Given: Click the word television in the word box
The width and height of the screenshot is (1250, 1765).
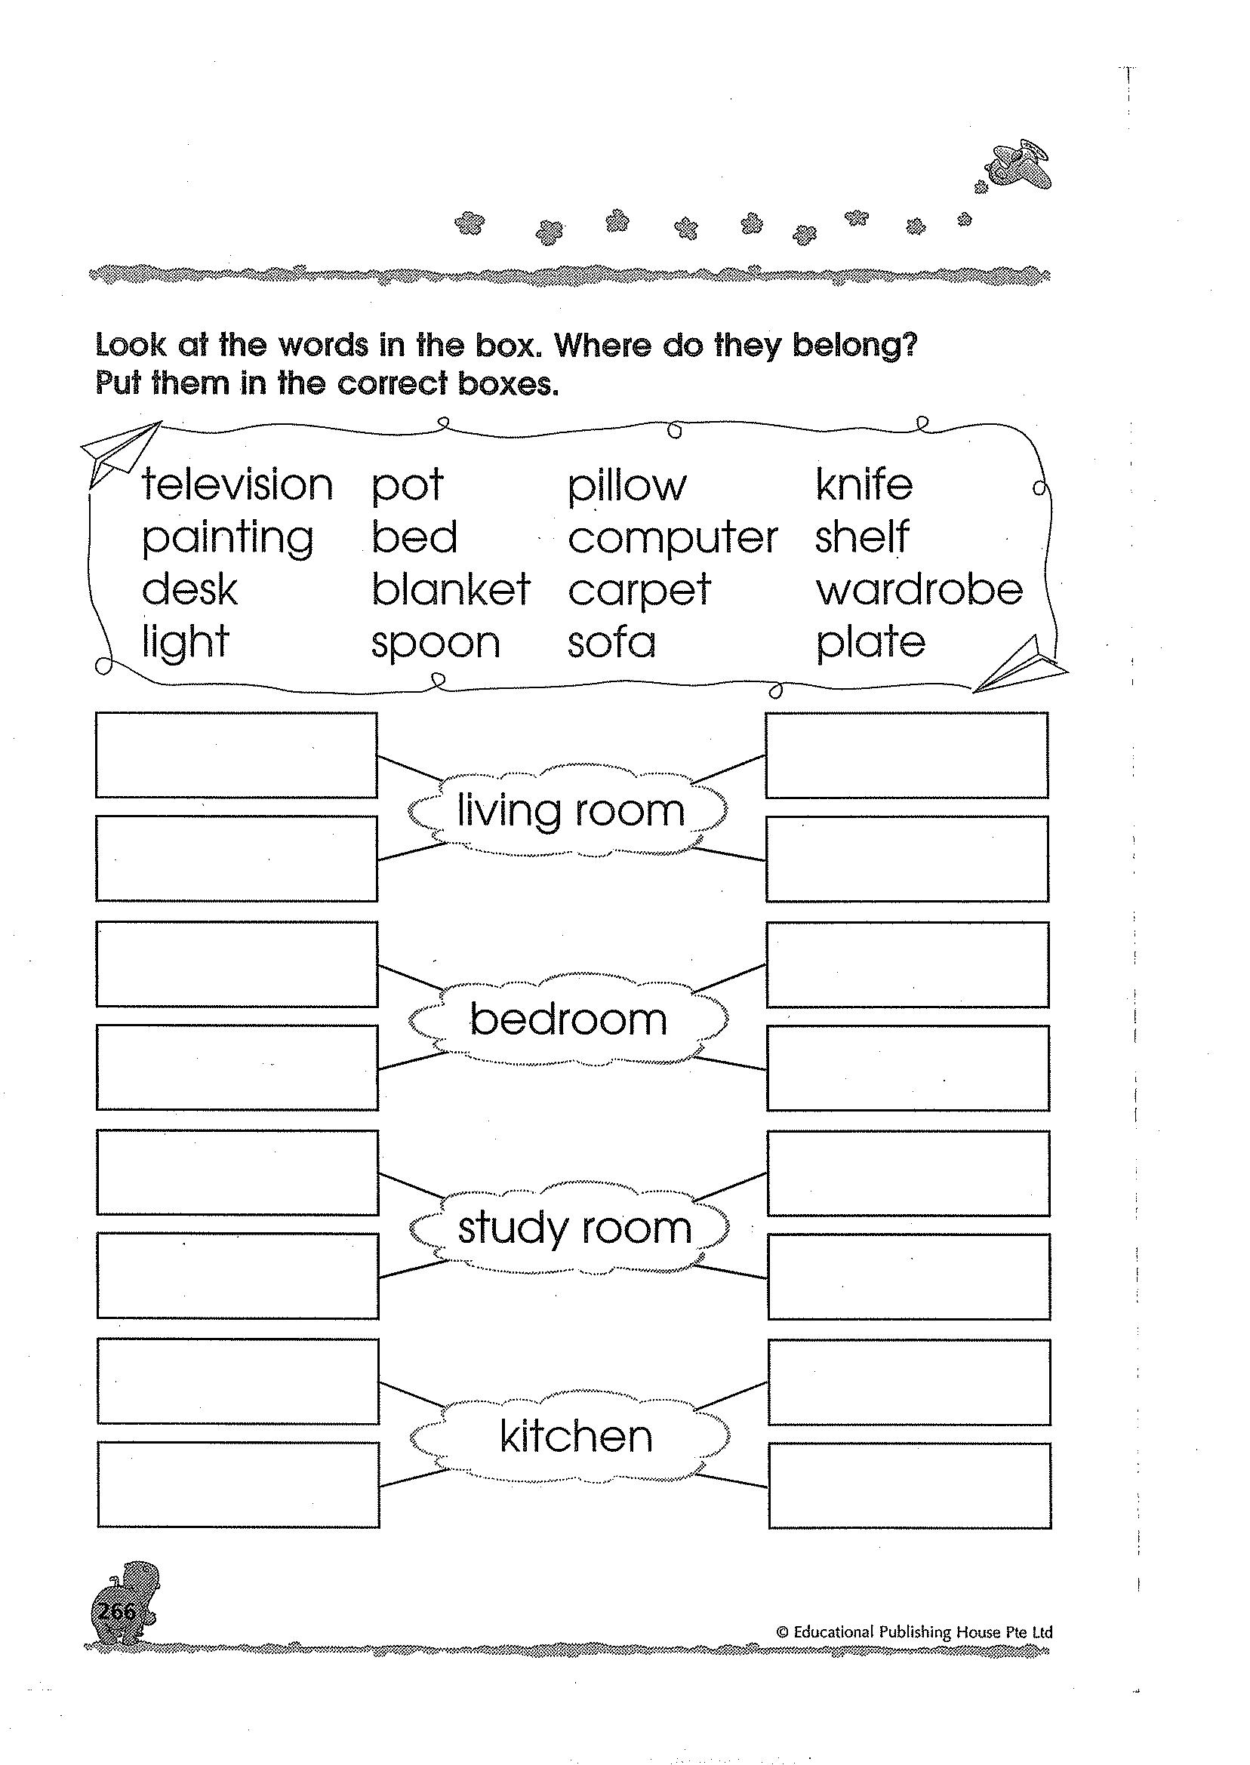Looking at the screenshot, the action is click(x=237, y=485).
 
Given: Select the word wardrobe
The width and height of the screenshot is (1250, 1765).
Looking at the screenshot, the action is click(x=919, y=590).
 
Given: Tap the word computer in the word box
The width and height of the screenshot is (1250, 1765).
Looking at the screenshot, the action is click(x=673, y=539).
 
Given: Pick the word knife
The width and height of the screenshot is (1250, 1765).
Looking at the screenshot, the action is click(x=864, y=484).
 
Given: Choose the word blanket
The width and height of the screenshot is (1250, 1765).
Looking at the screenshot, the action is click(x=451, y=590).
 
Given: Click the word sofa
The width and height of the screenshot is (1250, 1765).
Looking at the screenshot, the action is click(x=611, y=643).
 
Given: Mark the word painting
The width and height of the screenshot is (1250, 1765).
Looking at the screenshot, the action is click(x=228, y=539).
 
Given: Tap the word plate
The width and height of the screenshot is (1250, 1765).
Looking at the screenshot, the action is click(x=870, y=643).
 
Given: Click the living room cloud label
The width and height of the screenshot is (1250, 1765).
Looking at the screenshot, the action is click(x=570, y=811).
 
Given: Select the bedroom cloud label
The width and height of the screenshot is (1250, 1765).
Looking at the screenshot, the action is click(x=568, y=1020).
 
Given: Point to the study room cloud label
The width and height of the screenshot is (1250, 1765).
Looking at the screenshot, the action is click(x=574, y=1228).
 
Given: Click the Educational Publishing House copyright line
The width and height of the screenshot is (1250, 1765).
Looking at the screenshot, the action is click(x=914, y=1632).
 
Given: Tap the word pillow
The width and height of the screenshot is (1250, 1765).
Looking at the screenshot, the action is click(x=627, y=486).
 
